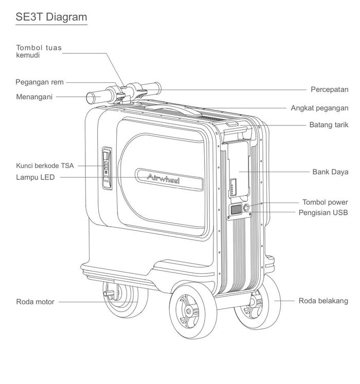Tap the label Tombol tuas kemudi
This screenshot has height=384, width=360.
pos(39,51)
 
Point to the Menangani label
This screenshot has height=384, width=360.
pos(34,96)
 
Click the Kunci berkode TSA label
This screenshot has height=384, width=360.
pos(45,166)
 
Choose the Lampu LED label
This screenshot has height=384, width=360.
pos(35,177)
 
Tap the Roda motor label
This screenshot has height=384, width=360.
pos(35,302)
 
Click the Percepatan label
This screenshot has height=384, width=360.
pos(329,89)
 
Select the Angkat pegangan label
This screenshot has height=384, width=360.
pos(319,108)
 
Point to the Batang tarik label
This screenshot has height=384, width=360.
pos(329,125)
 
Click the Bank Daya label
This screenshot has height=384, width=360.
pos(330,172)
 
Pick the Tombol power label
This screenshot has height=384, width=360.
pos(325,202)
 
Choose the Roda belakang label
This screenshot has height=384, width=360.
pos(323,301)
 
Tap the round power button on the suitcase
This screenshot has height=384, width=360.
pos(245,207)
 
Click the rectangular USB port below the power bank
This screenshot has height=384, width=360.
pos(236,210)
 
